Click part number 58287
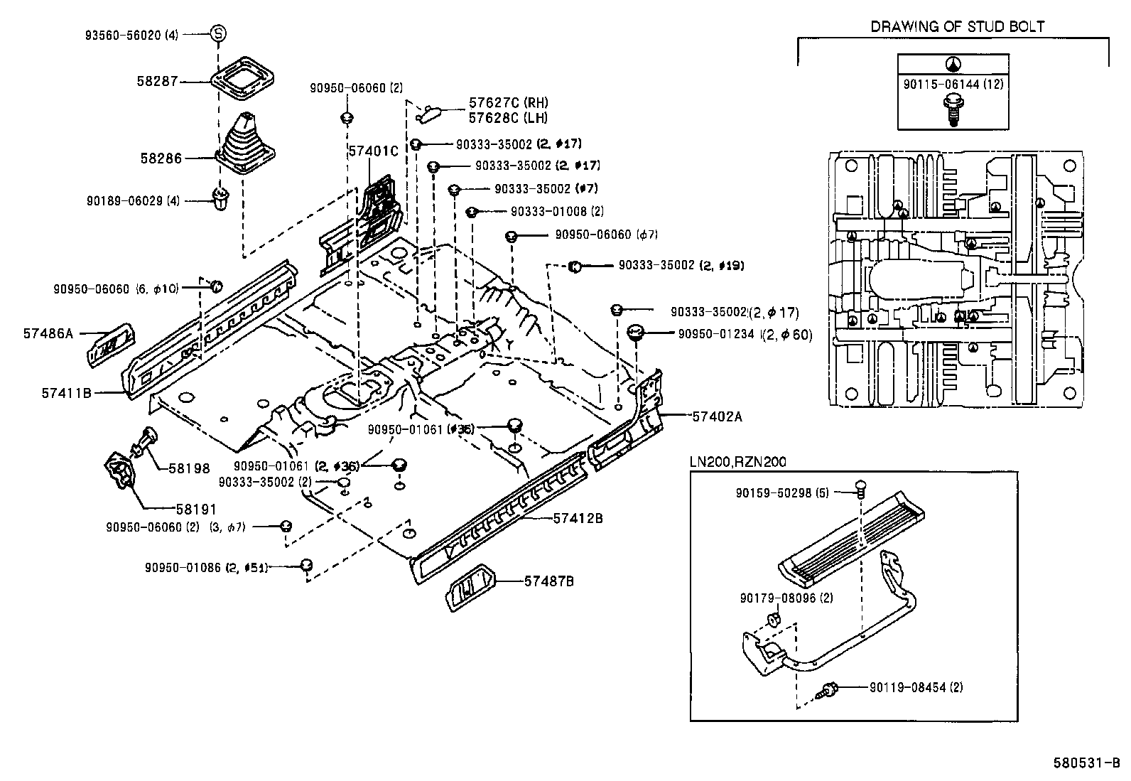coord(157,82)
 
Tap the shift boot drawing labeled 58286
coord(246,146)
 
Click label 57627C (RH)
coord(508,103)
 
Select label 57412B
coord(578,519)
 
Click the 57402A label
coord(717,417)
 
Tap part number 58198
coord(189,468)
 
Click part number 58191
coord(196,509)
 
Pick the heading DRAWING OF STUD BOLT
coord(957,27)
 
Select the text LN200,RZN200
coord(738,462)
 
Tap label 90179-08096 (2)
coord(786,598)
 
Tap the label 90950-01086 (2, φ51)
coord(215,568)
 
